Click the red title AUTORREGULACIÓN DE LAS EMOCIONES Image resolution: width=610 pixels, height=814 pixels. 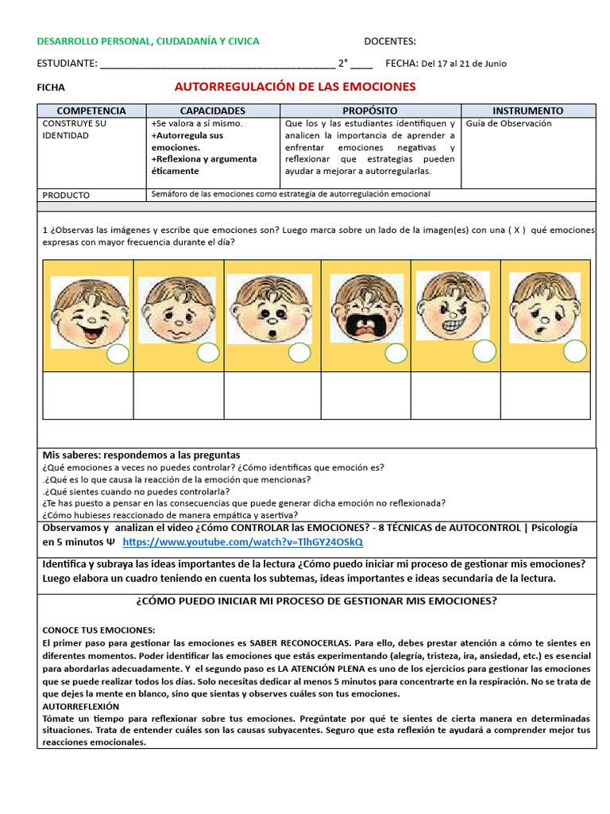pyautogui.click(x=295, y=87)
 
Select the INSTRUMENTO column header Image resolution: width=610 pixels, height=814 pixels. pyautogui.click(x=527, y=110)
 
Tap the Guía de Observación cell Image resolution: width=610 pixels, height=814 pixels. pyautogui.click(x=509, y=124)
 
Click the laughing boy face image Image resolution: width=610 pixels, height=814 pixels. pyautogui.click(x=89, y=306)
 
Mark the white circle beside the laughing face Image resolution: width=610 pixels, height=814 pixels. pyautogui.click(x=118, y=355)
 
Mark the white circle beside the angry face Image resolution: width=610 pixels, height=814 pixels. pyautogui.click(x=484, y=351)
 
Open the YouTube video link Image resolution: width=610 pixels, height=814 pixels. pyautogui.click(x=243, y=542)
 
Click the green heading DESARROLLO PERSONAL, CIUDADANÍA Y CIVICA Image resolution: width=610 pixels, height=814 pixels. pyautogui.click(x=149, y=41)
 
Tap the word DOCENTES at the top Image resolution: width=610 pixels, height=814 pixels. pyautogui.click(x=390, y=41)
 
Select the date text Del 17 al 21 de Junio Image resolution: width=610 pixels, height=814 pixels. pyautogui.click(x=464, y=64)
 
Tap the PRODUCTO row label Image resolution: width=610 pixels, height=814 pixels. pyautogui.click(x=66, y=195)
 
